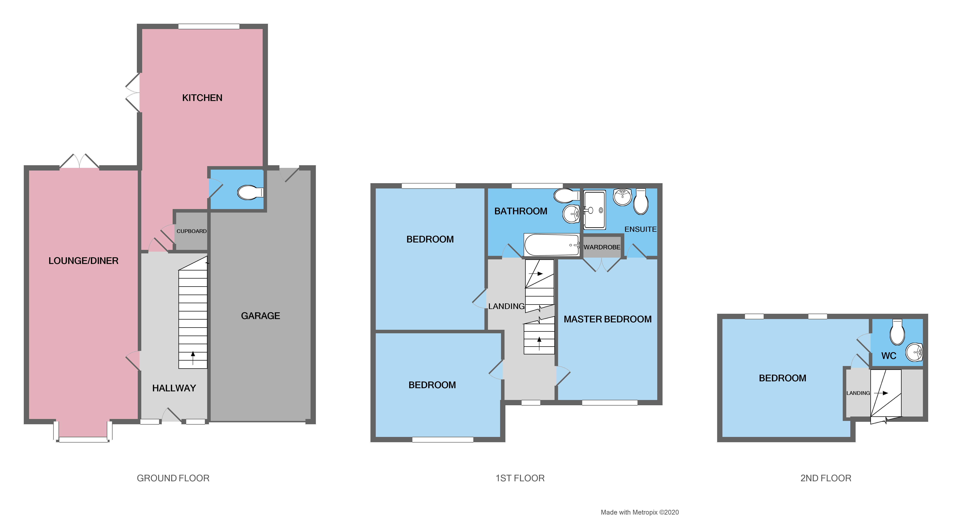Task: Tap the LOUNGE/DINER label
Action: pos(83,261)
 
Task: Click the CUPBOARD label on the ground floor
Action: pos(191,231)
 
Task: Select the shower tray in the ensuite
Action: pos(595,210)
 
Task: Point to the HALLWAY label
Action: pos(174,388)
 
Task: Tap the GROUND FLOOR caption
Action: pos(173,478)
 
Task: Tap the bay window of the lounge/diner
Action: pos(83,439)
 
